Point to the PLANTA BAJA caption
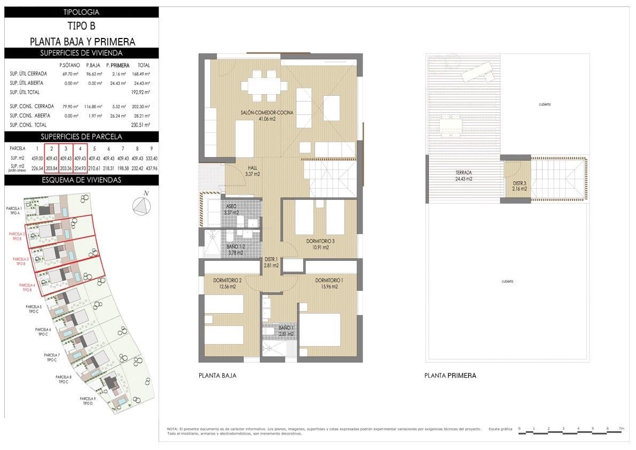(x=217, y=376)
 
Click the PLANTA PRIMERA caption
(x=450, y=376)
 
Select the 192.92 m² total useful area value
(x=141, y=92)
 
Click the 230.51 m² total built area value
(x=141, y=125)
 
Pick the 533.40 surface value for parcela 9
(x=152, y=159)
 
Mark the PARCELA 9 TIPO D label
(x=88, y=401)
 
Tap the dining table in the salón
(x=260, y=86)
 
